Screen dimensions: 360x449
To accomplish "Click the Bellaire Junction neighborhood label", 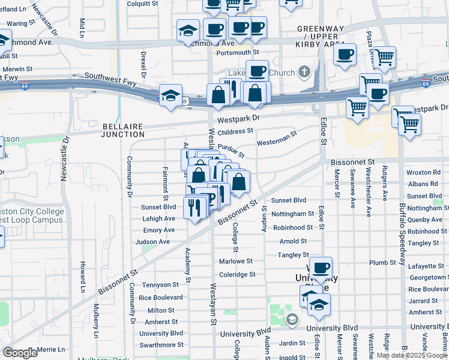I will pyautogui.click(x=125, y=130).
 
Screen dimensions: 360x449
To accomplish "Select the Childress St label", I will pyautogui.click(x=235, y=131).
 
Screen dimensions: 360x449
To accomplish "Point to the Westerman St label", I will pyautogui.click(x=277, y=139).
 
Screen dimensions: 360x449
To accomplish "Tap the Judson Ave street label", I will pyautogui.click(x=152, y=242).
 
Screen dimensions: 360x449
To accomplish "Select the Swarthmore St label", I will pyautogui.click(x=161, y=345).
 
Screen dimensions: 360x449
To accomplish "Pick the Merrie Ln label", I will pyautogui.click(x=50, y=349).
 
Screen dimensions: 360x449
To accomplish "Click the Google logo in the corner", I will pyautogui.click(x=20, y=353).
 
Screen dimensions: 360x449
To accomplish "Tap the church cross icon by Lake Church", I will pyautogui.click(x=304, y=73).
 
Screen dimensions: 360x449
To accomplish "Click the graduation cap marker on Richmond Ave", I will pyautogui.click(x=188, y=30).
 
